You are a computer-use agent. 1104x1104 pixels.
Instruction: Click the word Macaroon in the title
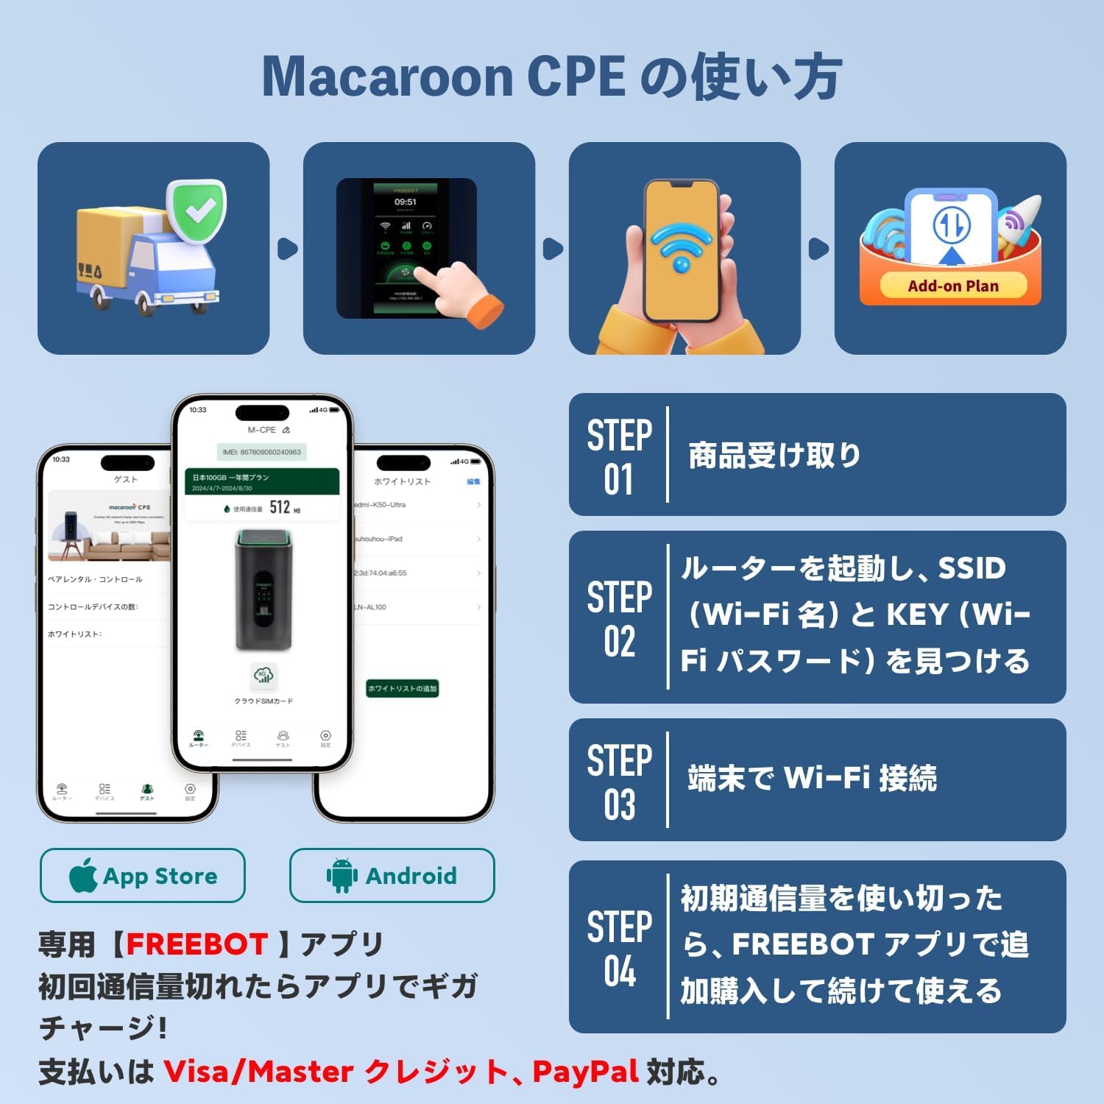[387, 77]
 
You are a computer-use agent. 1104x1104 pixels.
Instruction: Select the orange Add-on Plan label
[952, 286]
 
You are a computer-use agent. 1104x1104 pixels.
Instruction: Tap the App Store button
[143, 876]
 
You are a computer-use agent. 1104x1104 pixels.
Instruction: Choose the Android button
[392, 876]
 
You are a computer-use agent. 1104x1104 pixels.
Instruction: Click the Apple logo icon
[83, 875]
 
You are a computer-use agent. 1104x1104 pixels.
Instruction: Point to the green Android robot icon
[342, 876]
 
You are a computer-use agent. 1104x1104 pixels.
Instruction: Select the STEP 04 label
[619, 948]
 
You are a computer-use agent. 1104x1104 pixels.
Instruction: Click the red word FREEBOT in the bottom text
[197, 944]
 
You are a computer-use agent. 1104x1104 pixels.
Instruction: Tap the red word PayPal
[585, 1072]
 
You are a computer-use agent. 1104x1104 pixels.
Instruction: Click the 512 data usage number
[280, 507]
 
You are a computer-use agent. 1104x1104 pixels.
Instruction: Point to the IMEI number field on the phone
[262, 452]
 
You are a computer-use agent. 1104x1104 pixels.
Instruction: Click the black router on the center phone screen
[263, 591]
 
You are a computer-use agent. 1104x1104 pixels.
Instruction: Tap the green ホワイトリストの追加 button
[402, 688]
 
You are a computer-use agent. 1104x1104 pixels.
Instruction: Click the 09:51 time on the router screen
[406, 202]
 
